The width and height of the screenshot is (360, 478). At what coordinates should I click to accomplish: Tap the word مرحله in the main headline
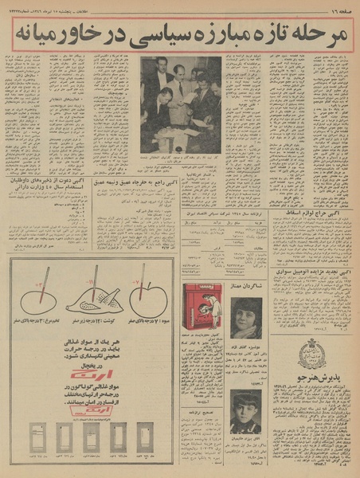(317, 35)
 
